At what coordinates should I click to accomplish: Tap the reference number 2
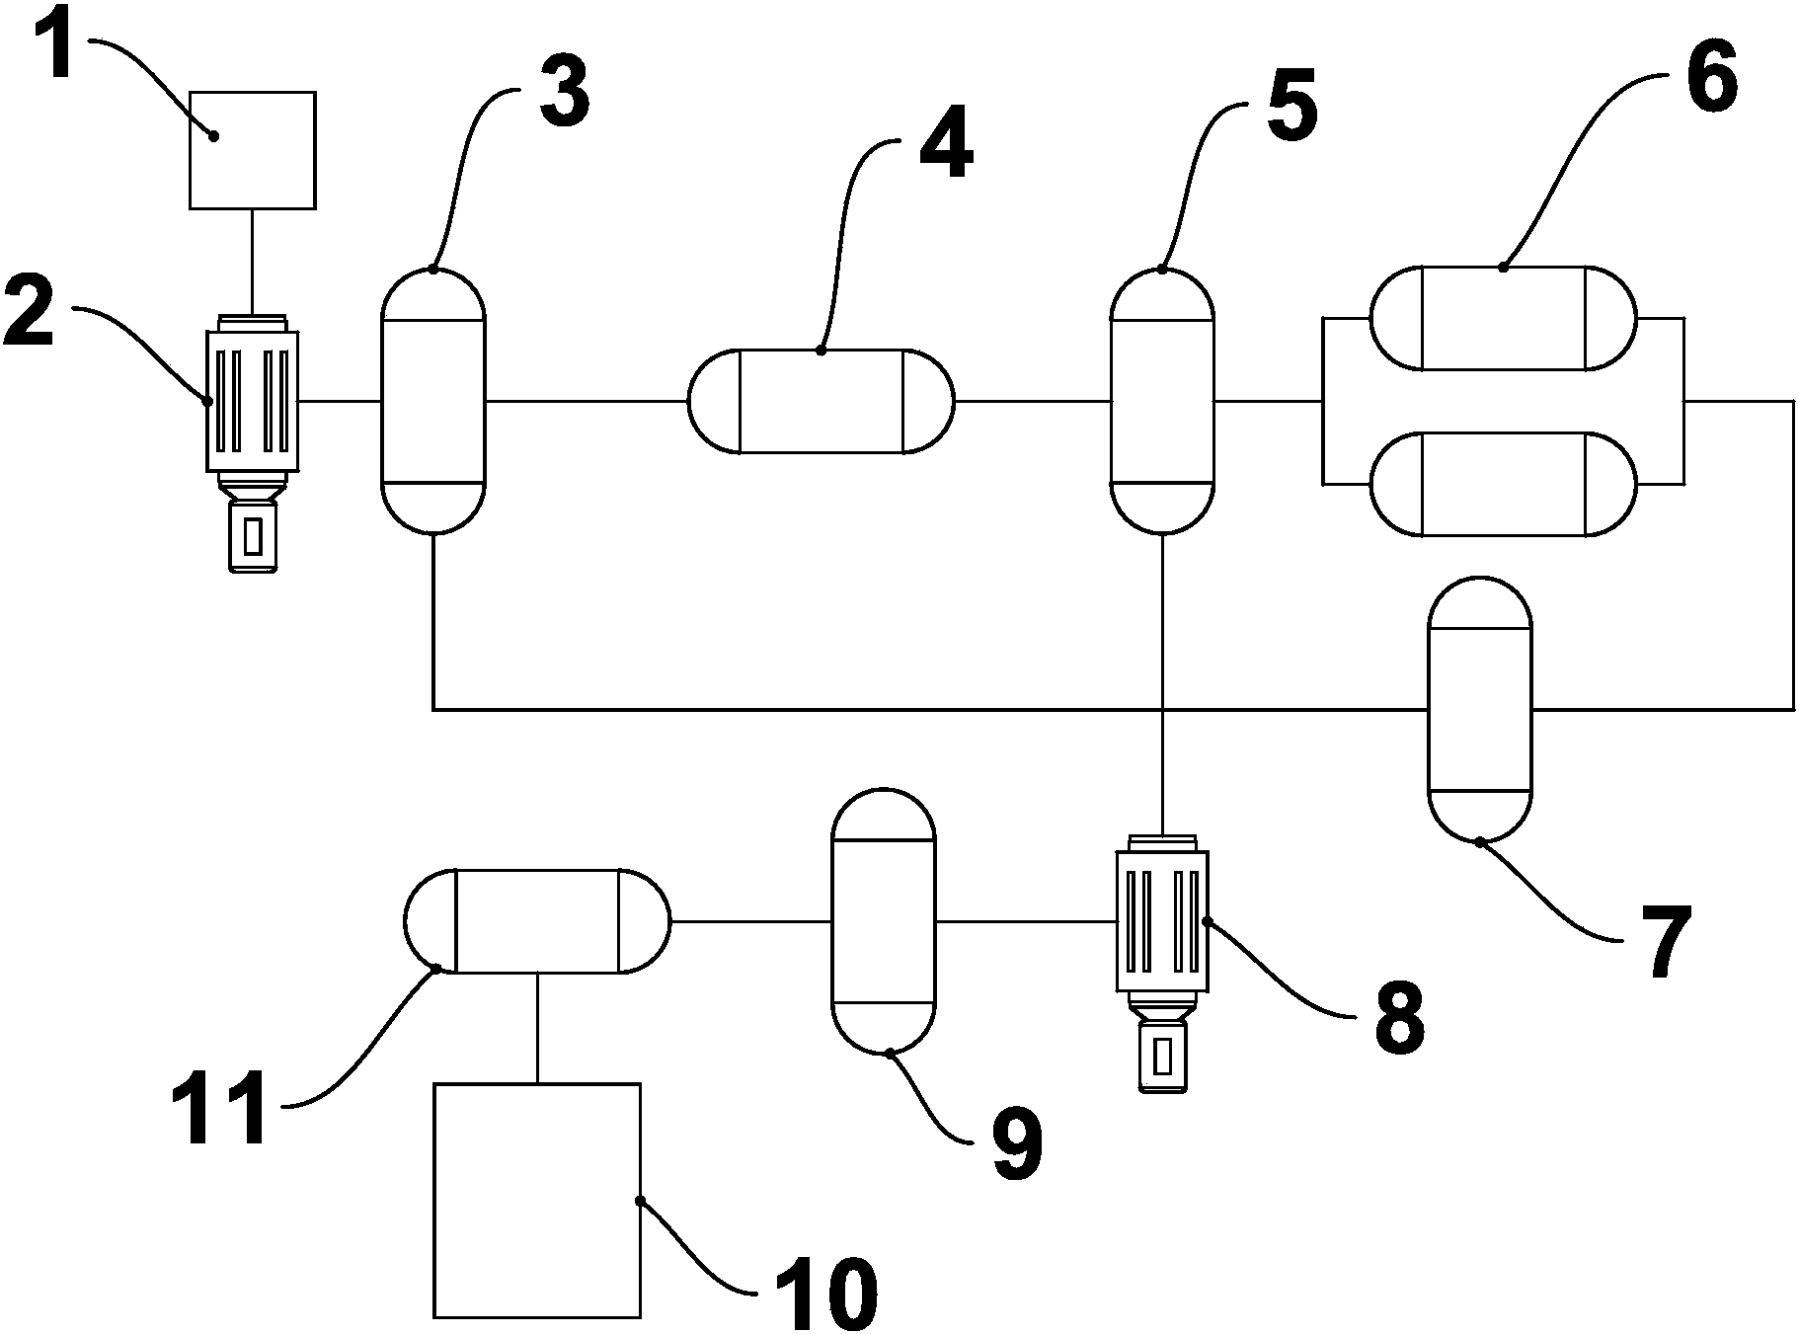coord(29,311)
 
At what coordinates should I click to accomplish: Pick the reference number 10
coord(825,1292)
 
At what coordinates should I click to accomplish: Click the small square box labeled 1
coord(252,150)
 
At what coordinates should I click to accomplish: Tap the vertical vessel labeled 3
coord(433,401)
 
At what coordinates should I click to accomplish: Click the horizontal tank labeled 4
coord(821,401)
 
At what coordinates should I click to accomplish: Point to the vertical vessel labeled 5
coord(1162,401)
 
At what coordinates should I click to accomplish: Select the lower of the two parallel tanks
coord(1503,484)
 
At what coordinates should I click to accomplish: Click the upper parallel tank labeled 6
coord(1503,318)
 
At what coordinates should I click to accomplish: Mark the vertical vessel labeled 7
coord(1480,709)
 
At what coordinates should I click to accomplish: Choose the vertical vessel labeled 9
coord(883,920)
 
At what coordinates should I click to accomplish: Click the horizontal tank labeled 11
coord(537,920)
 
